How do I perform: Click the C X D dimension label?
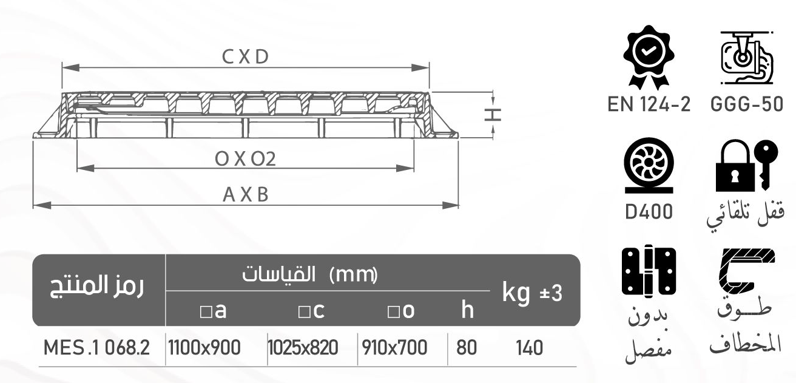click(x=245, y=57)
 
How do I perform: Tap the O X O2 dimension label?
click(x=245, y=159)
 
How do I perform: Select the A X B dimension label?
click(x=245, y=195)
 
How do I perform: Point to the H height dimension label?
click(x=493, y=115)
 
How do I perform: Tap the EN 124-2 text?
click(x=649, y=104)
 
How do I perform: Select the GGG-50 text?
click(x=747, y=104)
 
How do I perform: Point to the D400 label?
click(x=649, y=212)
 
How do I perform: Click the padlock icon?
click(x=735, y=166)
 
